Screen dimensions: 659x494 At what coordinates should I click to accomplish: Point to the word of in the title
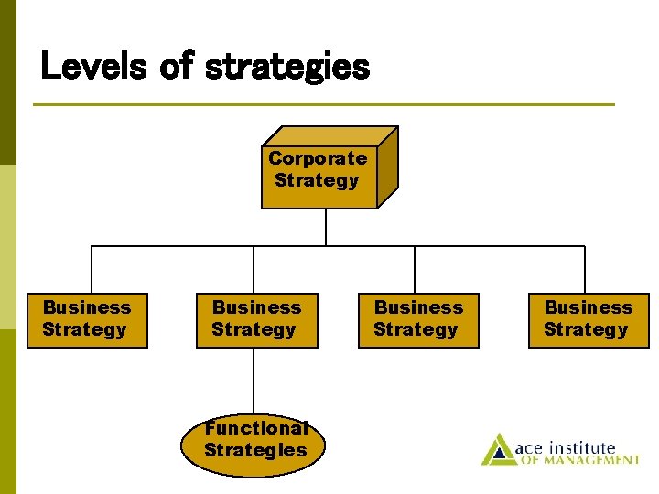tap(175, 66)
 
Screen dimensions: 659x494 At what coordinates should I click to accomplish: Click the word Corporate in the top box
tap(318, 158)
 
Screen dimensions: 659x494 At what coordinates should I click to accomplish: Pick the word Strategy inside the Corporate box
tap(317, 180)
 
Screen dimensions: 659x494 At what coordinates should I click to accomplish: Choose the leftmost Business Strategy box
tap(87, 319)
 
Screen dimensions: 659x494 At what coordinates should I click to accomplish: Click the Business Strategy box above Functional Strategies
tap(256, 319)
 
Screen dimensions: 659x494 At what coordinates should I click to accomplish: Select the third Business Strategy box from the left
tap(418, 319)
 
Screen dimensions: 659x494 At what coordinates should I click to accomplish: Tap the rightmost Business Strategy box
tap(589, 319)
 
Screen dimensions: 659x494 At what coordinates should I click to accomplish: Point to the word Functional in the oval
tap(255, 428)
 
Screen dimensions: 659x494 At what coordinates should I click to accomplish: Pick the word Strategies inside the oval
tap(255, 450)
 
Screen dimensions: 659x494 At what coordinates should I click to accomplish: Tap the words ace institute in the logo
tap(565, 447)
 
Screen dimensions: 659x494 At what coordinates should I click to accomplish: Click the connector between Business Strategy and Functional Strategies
tap(254, 381)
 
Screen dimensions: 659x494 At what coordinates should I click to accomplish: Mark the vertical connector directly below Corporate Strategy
tap(326, 227)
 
